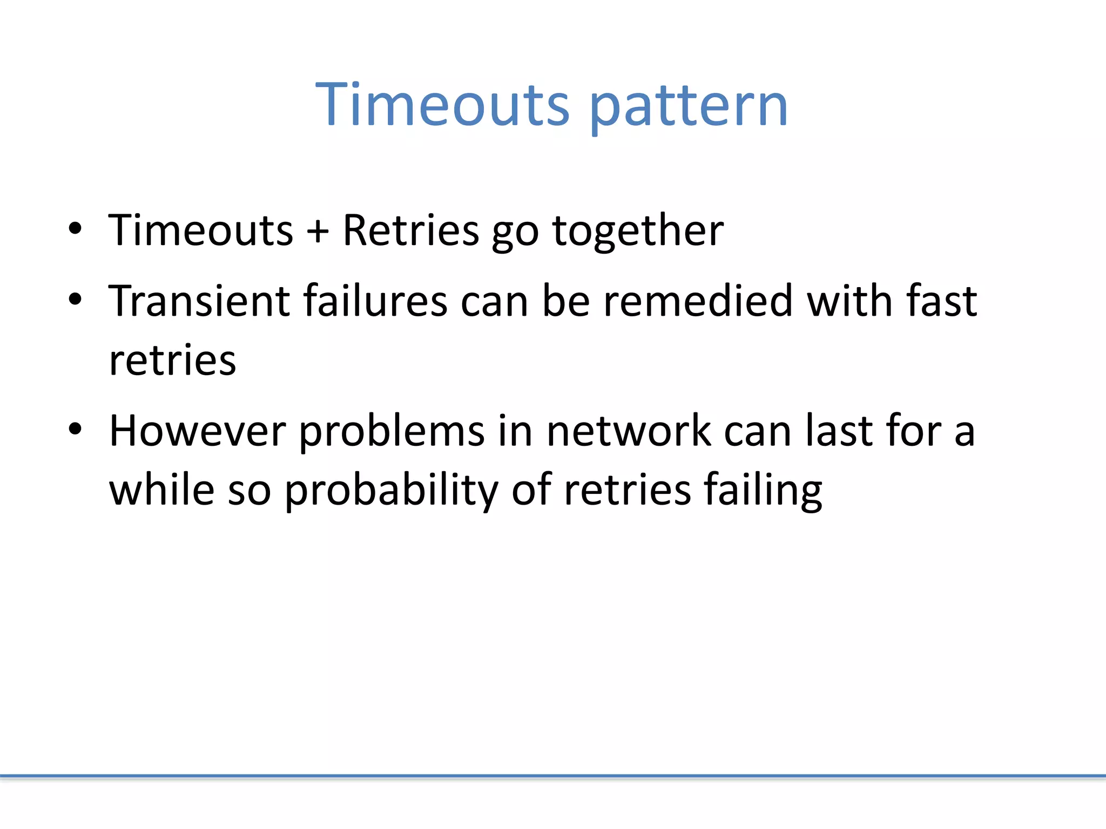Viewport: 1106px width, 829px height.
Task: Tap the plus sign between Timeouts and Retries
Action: click(318, 231)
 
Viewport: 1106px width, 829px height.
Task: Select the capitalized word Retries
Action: click(410, 230)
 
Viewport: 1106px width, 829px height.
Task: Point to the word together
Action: click(638, 230)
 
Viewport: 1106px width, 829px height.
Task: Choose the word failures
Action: click(375, 301)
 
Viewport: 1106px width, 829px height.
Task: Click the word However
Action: click(198, 431)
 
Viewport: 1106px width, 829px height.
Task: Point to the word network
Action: click(629, 431)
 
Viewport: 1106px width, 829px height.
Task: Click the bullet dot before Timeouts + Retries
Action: click(75, 229)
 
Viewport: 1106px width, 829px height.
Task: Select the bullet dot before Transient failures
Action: click(75, 299)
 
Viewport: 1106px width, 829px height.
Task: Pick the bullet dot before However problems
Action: click(75, 430)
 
